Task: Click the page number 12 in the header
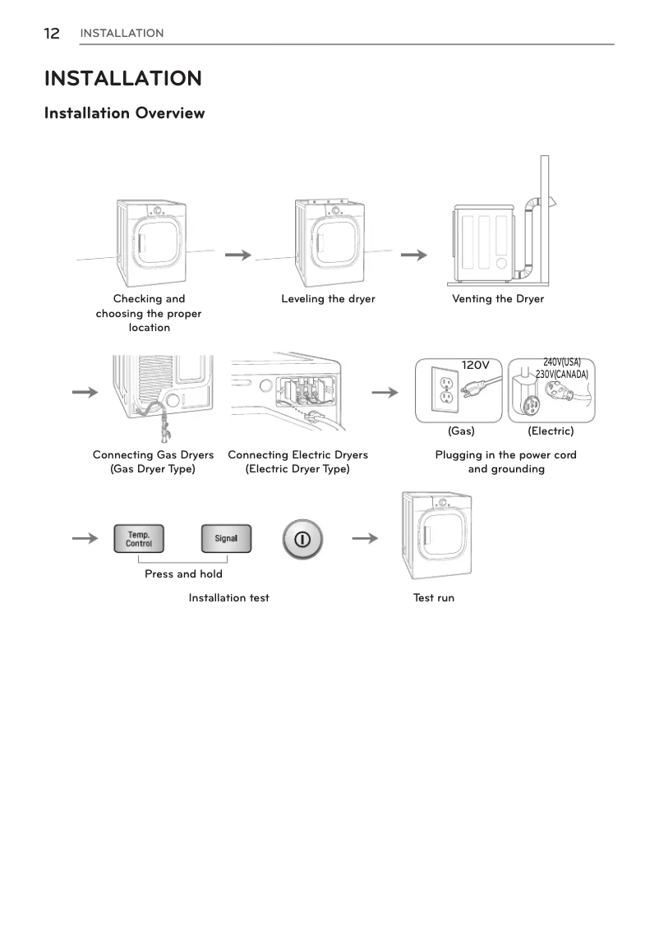pos(52,33)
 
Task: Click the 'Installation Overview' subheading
pos(124,113)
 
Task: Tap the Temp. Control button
pos(138,539)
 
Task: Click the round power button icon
pos(302,539)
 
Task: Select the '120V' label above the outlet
pos(475,365)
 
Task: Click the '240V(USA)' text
pos(562,362)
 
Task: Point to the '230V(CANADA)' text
pos(562,374)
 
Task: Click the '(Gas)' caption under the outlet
pos(461,431)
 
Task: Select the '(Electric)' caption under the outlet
pos(551,431)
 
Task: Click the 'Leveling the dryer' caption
pos(328,299)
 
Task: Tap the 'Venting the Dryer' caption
pos(498,299)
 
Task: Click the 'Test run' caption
pos(434,597)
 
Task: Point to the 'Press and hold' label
pos(183,573)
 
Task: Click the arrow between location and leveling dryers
pos(237,256)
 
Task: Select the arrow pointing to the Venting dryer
pos(413,256)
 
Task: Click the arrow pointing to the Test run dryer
pos(365,539)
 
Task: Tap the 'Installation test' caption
pos(228,597)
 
